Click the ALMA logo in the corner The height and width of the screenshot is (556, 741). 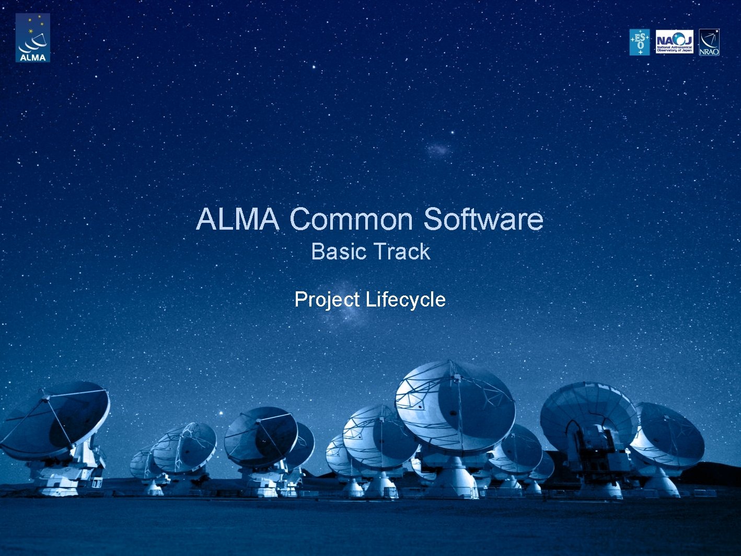tap(32, 38)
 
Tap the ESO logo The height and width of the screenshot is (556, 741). tap(639, 42)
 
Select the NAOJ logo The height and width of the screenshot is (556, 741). tap(674, 42)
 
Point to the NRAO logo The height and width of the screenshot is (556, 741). tap(709, 42)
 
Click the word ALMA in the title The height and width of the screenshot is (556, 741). tap(237, 219)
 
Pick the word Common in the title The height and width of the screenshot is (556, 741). tap(352, 219)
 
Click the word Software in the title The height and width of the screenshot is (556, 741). tap(483, 219)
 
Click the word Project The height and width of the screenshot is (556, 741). tap(327, 300)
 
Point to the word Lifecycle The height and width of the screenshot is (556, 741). tap(406, 300)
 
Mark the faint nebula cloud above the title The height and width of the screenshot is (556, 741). tap(437, 151)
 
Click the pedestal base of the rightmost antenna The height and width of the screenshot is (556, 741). tap(662, 484)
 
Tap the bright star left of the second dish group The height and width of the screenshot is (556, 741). tap(221, 413)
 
